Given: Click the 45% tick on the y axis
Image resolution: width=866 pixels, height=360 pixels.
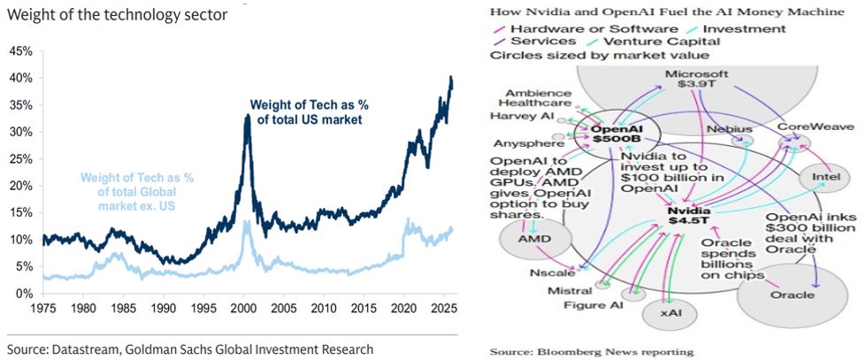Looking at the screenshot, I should pos(20,50).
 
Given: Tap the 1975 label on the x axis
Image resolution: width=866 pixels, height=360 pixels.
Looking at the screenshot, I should pos(42,310).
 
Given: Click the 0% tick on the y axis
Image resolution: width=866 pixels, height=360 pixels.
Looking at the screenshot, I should pos(23,294).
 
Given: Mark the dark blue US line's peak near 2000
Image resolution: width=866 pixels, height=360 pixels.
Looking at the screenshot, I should pos(248,115).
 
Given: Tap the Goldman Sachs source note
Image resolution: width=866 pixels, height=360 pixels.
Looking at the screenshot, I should pos(189,348).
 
